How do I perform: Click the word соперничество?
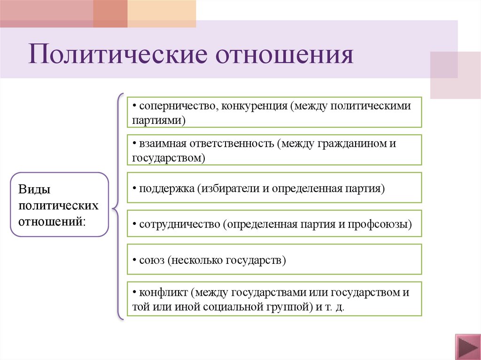coord(175,106)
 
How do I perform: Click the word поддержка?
coord(167,188)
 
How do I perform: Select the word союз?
coord(150,260)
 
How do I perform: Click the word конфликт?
coord(163,293)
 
